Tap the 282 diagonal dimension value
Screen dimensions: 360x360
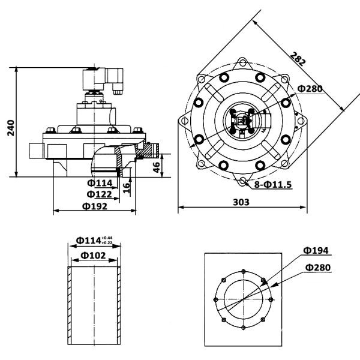[x=298, y=58]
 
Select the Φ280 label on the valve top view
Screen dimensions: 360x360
[x=310, y=89]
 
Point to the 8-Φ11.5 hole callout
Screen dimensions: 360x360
[x=272, y=184]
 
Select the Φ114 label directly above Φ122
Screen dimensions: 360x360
[x=100, y=183]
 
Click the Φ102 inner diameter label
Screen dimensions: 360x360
[x=94, y=254]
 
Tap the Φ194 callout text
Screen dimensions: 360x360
[x=316, y=250]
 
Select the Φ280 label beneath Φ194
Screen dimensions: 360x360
[x=316, y=267]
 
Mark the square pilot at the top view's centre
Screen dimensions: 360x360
[x=242, y=121]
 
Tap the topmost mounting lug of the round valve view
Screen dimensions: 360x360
[x=242, y=61]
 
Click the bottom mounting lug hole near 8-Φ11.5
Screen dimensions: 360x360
[x=242, y=180]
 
